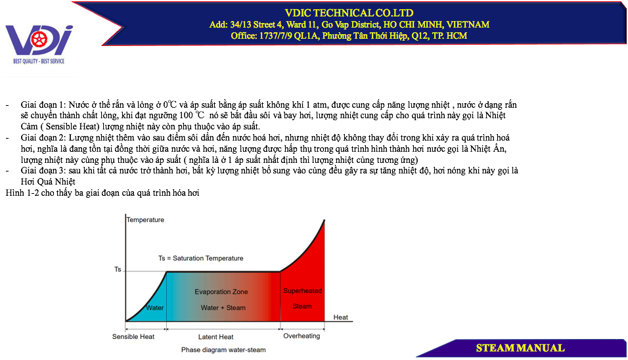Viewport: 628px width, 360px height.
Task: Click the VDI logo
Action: [39, 44]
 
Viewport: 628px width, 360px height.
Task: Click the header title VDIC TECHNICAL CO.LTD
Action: [349, 13]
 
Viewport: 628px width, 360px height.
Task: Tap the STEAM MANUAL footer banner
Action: [520, 348]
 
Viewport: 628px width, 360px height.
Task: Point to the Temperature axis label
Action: [145, 220]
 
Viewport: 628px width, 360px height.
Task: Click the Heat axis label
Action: [341, 317]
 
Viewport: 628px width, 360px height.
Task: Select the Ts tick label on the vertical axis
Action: [118, 269]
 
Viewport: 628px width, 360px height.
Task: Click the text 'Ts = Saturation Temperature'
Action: [200, 258]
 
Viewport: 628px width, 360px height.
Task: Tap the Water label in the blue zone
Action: [154, 308]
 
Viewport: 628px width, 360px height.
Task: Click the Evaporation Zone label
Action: [221, 292]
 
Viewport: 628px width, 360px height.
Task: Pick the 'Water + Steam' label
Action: [223, 308]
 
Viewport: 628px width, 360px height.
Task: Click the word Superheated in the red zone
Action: [302, 291]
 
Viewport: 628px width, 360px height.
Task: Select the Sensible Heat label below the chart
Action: [133, 337]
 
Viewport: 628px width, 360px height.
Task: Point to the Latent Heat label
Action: [215, 337]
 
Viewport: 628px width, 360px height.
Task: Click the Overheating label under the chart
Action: [302, 336]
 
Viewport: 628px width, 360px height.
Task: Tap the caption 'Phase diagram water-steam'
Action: [223, 350]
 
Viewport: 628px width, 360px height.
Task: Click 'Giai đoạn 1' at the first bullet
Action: [42, 105]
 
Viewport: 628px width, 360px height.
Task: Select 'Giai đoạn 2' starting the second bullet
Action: [42, 138]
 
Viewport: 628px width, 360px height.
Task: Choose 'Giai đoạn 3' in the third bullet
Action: [42, 171]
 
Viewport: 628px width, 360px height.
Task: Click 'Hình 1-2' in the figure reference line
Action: [22, 193]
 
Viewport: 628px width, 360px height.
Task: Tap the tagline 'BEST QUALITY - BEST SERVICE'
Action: [39, 61]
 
